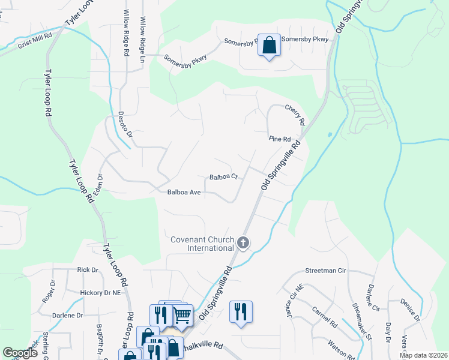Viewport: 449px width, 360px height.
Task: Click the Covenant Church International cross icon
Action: pyautogui.click(x=243, y=242)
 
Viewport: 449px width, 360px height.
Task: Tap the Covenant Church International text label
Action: pyautogui.click(x=201, y=244)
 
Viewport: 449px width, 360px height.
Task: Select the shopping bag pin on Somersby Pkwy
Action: pyautogui.click(x=269, y=45)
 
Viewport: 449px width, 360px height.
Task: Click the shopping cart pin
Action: pyautogui.click(x=182, y=315)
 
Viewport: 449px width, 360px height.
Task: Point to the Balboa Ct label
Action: pyautogui.click(x=224, y=177)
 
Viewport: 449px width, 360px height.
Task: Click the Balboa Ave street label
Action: pyautogui.click(x=184, y=193)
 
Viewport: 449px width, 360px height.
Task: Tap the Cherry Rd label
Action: pyautogui.click(x=295, y=115)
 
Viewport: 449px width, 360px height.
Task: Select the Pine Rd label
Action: pyautogui.click(x=280, y=139)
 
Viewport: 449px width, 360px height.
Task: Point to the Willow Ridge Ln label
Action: pyautogui.click(x=143, y=33)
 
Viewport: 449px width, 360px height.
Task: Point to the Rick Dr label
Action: pyautogui.click(x=87, y=270)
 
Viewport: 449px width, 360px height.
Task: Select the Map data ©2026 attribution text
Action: pyautogui.click(x=423, y=355)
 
